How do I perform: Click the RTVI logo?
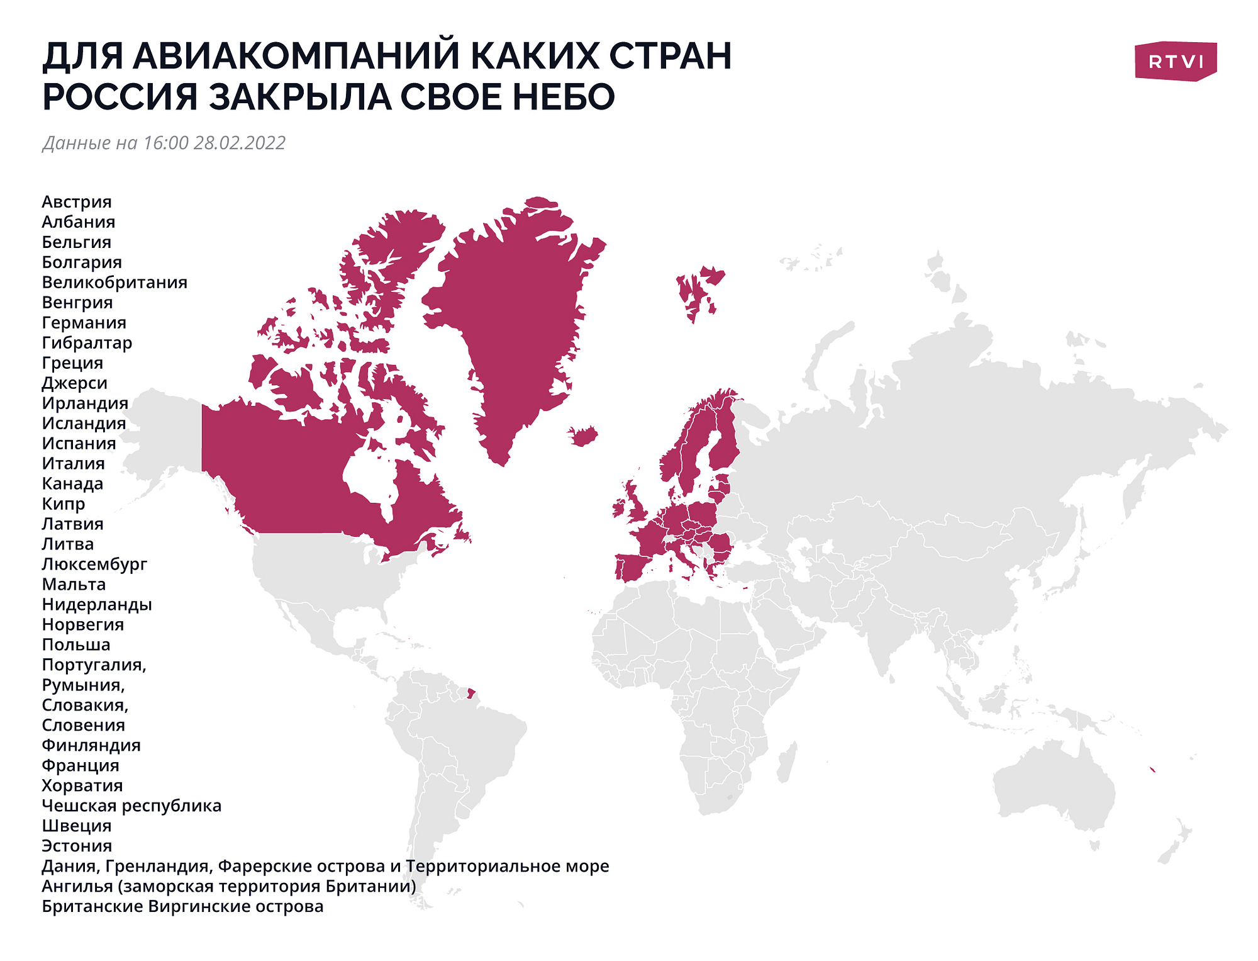click(x=1175, y=62)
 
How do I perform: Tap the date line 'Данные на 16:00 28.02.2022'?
click(x=164, y=143)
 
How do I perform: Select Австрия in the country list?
click(x=77, y=202)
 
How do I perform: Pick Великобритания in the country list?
click(x=114, y=283)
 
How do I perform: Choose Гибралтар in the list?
click(x=87, y=343)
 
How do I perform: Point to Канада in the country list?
click(x=72, y=484)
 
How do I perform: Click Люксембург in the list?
click(x=94, y=565)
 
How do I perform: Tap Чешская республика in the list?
click(x=131, y=806)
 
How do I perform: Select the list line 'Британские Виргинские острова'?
click(x=182, y=907)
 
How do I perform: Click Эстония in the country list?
click(x=77, y=846)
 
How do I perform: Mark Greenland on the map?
click(x=509, y=315)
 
